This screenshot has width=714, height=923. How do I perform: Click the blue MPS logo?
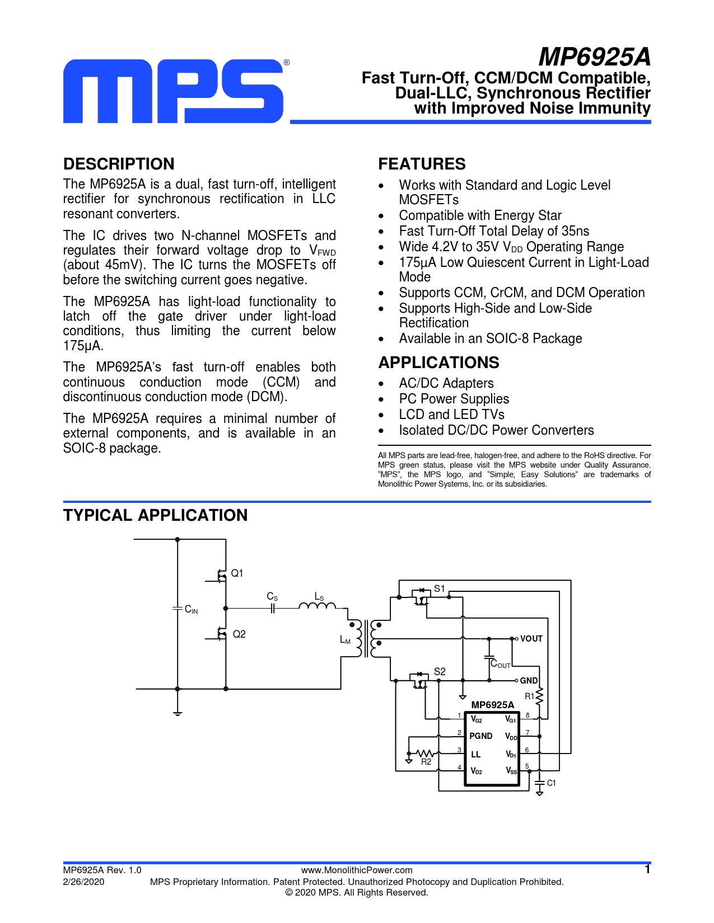[174, 91]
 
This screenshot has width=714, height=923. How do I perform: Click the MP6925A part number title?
[594, 57]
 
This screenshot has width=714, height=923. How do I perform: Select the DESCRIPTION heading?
[119, 164]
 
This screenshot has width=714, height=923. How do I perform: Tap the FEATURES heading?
[422, 164]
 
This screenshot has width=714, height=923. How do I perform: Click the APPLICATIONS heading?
[438, 362]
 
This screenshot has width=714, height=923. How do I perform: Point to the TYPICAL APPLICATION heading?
[155, 515]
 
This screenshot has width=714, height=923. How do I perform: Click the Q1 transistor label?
[237, 573]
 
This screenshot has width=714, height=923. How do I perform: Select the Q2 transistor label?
[239, 634]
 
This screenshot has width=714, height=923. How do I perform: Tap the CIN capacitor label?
[192, 610]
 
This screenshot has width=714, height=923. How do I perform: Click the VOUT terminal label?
[531, 639]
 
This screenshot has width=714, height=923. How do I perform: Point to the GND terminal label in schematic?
[529, 681]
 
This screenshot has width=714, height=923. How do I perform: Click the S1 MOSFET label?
[440, 588]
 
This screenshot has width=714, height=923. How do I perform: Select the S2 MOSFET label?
[440, 671]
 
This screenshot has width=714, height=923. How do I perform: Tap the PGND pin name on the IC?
[480, 736]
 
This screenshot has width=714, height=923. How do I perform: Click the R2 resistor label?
[426, 762]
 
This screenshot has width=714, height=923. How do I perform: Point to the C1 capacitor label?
[552, 783]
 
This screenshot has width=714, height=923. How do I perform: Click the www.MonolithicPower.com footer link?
[357, 870]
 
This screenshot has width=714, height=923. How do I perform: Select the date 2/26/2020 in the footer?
[83, 882]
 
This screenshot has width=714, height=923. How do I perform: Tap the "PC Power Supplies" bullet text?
[454, 399]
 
